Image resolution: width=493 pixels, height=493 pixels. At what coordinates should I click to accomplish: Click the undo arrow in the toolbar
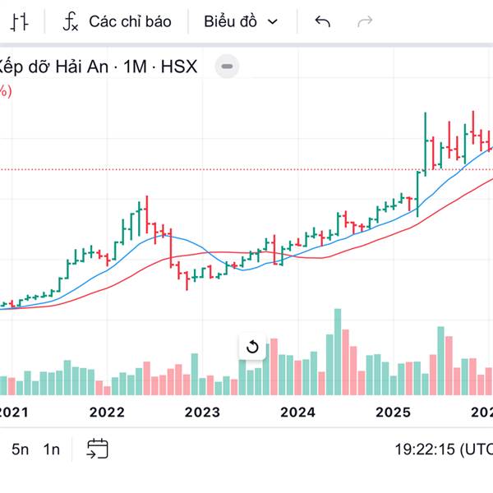click(x=322, y=21)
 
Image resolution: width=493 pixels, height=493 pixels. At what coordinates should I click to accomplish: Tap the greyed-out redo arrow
click(x=365, y=21)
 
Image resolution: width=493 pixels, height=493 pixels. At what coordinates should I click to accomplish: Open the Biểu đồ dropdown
click(x=241, y=21)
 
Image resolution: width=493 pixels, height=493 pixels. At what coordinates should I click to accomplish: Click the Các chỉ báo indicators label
click(x=130, y=21)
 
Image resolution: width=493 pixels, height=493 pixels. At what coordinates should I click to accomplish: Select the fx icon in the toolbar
click(x=71, y=21)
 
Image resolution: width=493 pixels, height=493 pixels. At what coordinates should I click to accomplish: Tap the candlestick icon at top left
click(x=22, y=21)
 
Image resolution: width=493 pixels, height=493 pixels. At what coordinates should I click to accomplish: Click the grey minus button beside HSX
click(x=228, y=67)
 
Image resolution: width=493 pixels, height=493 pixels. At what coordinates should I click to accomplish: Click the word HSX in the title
click(x=180, y=67)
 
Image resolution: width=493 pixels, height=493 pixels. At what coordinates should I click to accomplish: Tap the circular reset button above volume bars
click(x=252, y=347)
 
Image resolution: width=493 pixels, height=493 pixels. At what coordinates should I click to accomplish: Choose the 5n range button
click(x=20, y=449)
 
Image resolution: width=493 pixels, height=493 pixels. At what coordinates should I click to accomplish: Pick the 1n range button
click(x=52, y=449)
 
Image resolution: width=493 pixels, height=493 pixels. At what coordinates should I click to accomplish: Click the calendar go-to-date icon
click(x=98, y=449)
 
